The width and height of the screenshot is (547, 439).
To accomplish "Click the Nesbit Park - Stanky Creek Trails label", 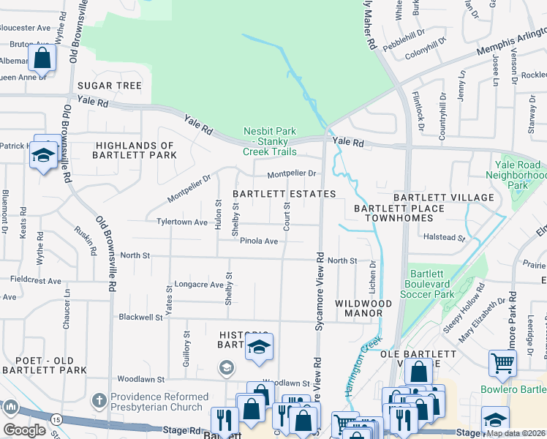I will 270,141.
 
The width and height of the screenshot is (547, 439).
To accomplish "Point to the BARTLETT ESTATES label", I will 284,194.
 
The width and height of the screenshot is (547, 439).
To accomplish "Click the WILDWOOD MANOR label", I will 363,308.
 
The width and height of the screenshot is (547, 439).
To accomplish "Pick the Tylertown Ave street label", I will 181,222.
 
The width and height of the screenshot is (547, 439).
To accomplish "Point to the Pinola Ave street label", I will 260,241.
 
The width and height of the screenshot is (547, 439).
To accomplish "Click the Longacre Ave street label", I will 199,285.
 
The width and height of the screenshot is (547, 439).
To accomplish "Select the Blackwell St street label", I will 140,318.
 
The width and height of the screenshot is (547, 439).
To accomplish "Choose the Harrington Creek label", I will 364,362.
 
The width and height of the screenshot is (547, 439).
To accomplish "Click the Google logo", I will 24,430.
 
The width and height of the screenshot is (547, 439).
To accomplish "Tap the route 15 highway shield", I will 56,419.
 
